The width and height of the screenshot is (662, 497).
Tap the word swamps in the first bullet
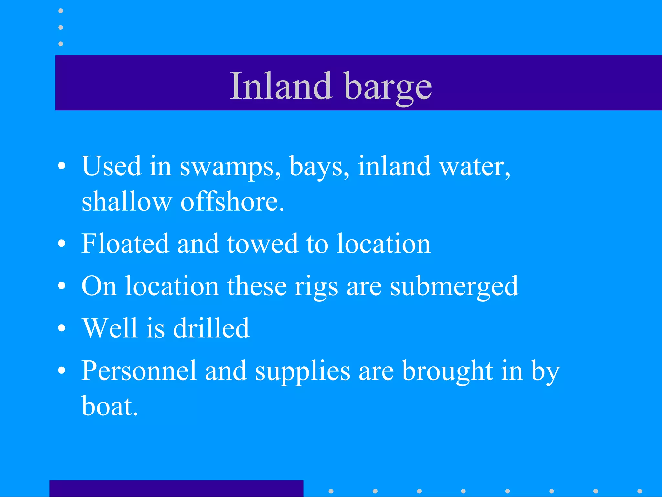[230, 167]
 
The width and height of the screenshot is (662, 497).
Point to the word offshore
[232, 202]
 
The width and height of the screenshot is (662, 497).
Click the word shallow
[126, 202]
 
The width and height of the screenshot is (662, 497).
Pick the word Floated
[125, 244]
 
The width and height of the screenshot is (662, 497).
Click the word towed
[262, 244]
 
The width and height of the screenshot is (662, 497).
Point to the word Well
[110, 328]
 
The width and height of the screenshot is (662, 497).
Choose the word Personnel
[139, 371]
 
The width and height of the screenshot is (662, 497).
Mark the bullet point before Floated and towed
[61, 244]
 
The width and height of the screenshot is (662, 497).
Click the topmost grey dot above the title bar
[60, 11]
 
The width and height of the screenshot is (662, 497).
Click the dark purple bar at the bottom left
[176, 488]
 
